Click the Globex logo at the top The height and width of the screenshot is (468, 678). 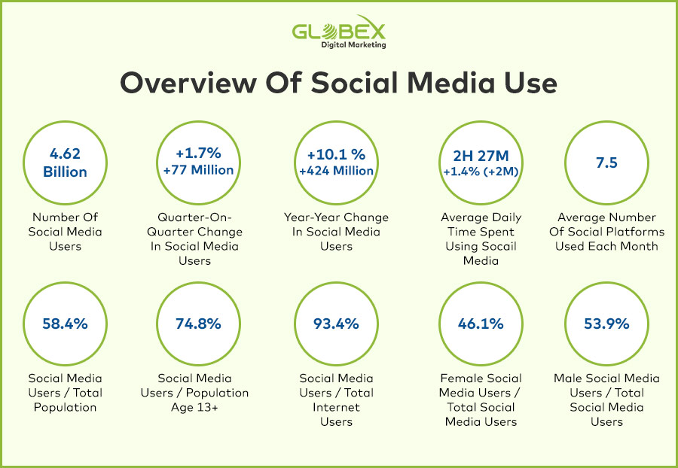(x=338, y=32)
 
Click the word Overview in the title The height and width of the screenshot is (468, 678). (x=188, y=83)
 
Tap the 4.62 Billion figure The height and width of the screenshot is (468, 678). (x=65, y=163)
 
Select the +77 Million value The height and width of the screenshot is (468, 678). (x=198, y=170)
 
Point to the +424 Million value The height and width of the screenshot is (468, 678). (x=336, y=171)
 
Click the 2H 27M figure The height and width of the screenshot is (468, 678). (x=481, y=156)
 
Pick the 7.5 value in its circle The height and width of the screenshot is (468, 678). (x=606, y=163)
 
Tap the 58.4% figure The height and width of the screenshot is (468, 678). (x=65, y=324)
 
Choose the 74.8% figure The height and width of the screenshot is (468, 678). (x=198, y=324)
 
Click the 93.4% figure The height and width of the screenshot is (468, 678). (x=336, y=324)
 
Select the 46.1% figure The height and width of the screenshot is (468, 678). (x=481, y=324)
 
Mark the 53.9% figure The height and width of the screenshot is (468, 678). (x=606, y=324)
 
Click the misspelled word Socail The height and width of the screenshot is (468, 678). (x=499, y=246)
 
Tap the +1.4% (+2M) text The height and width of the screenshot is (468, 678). (x=481, y=172)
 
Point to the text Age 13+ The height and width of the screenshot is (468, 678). (x=194, y=408)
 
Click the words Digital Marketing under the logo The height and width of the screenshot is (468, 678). (x=353, y=44)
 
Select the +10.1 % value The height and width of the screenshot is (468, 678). (x=336, y=154)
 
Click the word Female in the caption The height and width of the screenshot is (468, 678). (x=460, y=378)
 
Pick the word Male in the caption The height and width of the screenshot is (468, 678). (x=568, y=378)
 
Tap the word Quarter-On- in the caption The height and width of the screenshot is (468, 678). (x=194, y=217)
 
